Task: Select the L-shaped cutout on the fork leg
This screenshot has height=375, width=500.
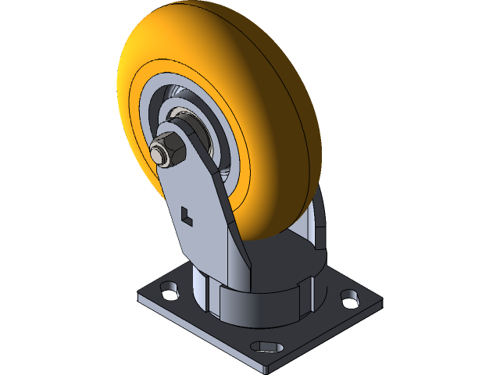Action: pos(186,214)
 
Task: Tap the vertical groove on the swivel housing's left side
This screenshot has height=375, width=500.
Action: pos(206,297)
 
